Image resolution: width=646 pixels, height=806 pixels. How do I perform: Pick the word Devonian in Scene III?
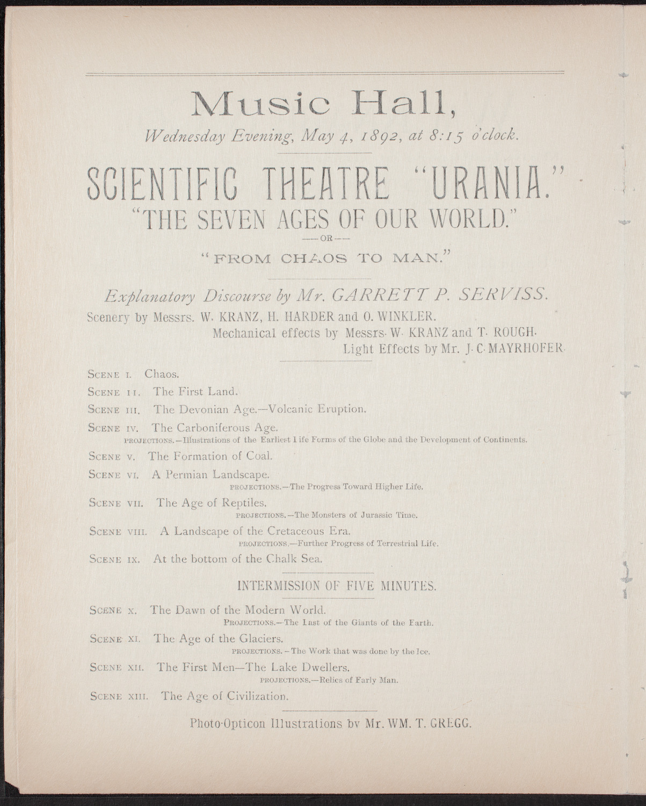pos(198,409)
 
